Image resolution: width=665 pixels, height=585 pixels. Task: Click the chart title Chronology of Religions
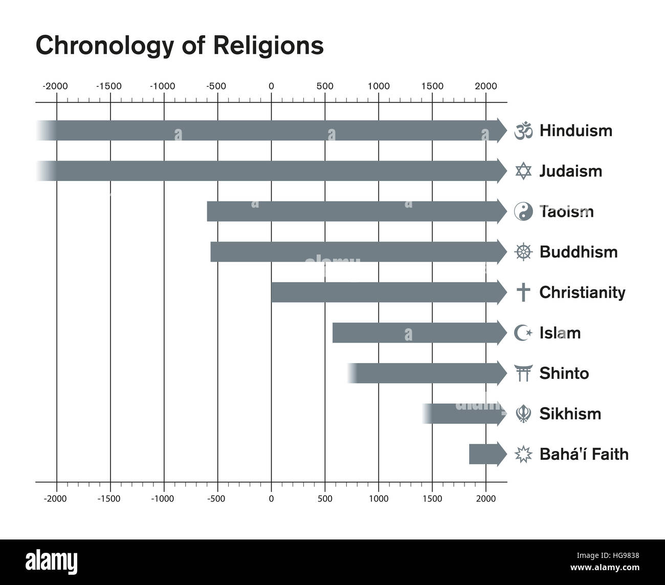pyautogui.click(x=180, y=46)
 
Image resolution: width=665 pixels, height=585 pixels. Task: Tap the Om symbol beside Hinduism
pyautogui.click(x=523, y=131)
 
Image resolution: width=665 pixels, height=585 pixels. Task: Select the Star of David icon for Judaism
pyautogui.click(x=523, y=171)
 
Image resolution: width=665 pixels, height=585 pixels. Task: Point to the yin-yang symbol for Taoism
pyautogui.click(x=523, y=212)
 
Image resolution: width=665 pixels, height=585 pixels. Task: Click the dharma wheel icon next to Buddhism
pyautogui.click(x=523, y=252)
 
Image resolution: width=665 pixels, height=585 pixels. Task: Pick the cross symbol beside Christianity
pyautogui.click(x=523, y=292)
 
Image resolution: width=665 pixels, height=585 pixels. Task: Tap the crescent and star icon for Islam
pyautogui.click(x=523, y=333)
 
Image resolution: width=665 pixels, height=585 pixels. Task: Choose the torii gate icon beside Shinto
pyautogui.click(x=523, y=373)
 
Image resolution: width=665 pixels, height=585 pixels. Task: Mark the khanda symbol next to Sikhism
pyautogui.click(x=523, y=414)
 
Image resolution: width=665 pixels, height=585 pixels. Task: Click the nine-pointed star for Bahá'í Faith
pyautogui.click(x=523, y=454)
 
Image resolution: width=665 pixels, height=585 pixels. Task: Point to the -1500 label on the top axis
pyautogui.click(x=109, y=86)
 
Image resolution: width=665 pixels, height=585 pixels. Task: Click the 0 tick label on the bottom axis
pyautogui.click(x=271, y=499)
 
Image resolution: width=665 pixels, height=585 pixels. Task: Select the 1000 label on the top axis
pyautogui.click(x=379, y=86)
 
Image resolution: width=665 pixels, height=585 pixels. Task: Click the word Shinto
pyautogui.click(x=564, y=373)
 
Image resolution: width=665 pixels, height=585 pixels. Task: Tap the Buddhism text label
pyautogui.click(x=578, y=252)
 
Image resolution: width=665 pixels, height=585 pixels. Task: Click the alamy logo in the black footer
pyautogui.click(x=52, y=561)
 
